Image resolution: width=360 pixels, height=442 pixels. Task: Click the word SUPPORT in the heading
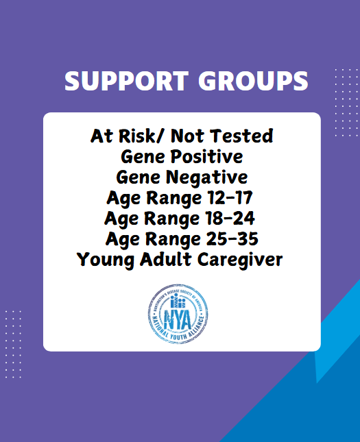point(126,81)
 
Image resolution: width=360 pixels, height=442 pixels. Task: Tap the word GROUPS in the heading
point(253,81)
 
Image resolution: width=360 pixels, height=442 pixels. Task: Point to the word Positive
point(206,156)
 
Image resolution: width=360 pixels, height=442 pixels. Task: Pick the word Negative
point(207,177)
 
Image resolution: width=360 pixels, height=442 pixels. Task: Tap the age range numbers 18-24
point(230,218)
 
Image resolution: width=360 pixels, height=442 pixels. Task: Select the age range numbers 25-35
point(232,239)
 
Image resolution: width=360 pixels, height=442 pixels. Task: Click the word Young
point(106,260)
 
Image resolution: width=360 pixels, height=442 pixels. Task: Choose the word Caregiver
point(240,260)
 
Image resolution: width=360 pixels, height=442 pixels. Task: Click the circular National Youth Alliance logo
point(178,314)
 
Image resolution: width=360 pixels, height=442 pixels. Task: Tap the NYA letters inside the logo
point(178,320)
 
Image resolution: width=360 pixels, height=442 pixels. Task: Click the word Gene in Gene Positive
point(143,157)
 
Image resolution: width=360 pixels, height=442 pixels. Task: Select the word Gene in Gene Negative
point(139,177)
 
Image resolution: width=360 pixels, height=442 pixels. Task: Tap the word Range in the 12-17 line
point(174,197)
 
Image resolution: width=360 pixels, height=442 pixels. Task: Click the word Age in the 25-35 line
point(123,240)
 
